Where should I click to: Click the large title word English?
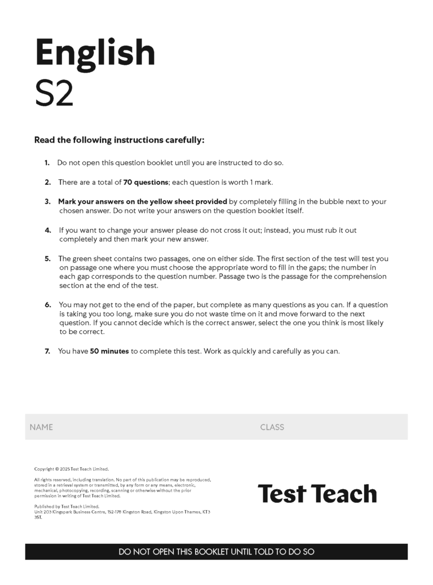pos(95,54)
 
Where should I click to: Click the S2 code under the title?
pos(54,94)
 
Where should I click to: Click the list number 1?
pos(47,163)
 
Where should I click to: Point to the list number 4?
pos(48,230)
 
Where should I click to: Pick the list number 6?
pos(48,305)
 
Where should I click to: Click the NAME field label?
pos(41,427)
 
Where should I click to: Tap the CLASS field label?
pos(272,427)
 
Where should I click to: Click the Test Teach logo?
pos(317,494)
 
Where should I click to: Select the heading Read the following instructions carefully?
pos(119,140)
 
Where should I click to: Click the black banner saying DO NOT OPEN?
pos(216,552)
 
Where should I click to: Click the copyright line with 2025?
pos(71,469)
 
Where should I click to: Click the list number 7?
pos(47,351)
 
